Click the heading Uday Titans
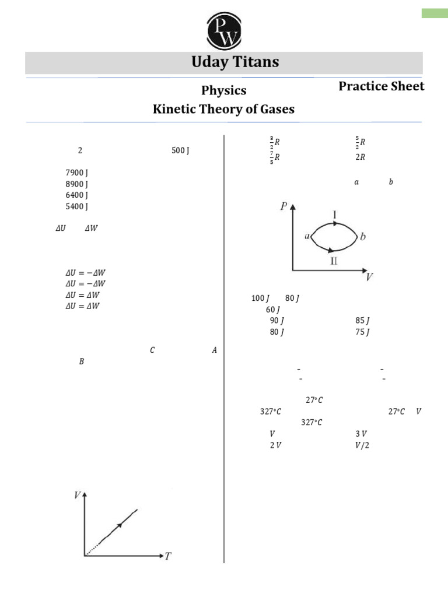tap(235, 62)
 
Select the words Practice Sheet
tap(381, 86)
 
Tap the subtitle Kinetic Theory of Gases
tap(223, 109)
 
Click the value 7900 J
tap(77, 173)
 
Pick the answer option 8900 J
tap(77, 184)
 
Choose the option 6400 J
tap(77, 195)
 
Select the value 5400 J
tap(77, 206)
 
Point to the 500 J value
tap(181, 150)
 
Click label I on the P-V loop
tap(335, 215)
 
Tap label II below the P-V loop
tap(334, 261)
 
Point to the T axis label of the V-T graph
tap(168, 556)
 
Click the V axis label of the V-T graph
tap(77, 495)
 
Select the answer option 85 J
tap(362, 321)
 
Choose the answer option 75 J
tap(362, 332)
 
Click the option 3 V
tap(361, 434)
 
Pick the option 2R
tap(360, 157)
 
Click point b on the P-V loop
tap(363, 237)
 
